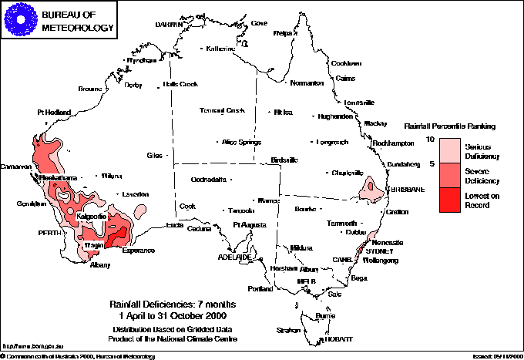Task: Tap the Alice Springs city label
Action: pyautogui.click(x=241, y=142)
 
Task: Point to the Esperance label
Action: pyautogui.click(x=137, y=251)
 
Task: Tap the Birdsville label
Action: pyautogui.click(x=284, y=160)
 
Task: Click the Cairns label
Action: pyautogui.click(x=345, y=78)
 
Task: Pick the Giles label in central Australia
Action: pyautogui.click(x=155, y=156)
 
